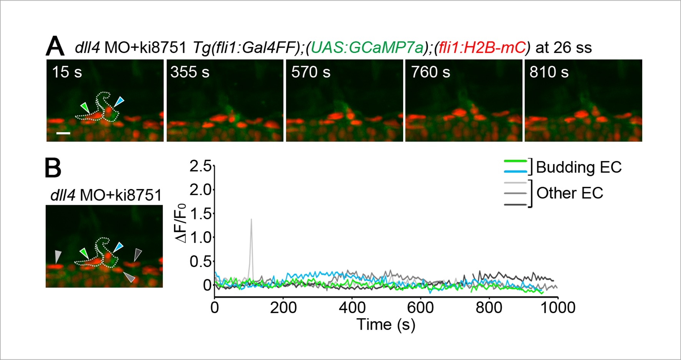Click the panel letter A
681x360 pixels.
[55, 47]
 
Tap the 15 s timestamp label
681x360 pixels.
[67, 72]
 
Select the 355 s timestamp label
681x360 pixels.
[190, 72]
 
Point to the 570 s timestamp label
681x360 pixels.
[311, 72]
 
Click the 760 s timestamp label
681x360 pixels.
[430, 72]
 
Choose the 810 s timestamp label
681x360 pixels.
[549, 72]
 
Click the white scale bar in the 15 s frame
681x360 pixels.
[63, 133]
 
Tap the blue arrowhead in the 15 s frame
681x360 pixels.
[120, 101]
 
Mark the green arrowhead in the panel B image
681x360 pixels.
[84, 253]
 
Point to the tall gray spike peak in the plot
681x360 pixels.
[251, 219]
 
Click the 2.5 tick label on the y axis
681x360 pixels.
[200, 166]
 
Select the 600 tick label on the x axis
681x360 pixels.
[420, 308]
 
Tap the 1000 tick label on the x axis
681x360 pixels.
[557, 308]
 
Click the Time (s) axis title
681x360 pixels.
[386, 325]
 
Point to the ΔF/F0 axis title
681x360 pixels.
[181, 223]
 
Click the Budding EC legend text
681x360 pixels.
[578, 167]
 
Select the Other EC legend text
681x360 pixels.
[570, 193]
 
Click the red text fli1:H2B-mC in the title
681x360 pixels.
[482, 48]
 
